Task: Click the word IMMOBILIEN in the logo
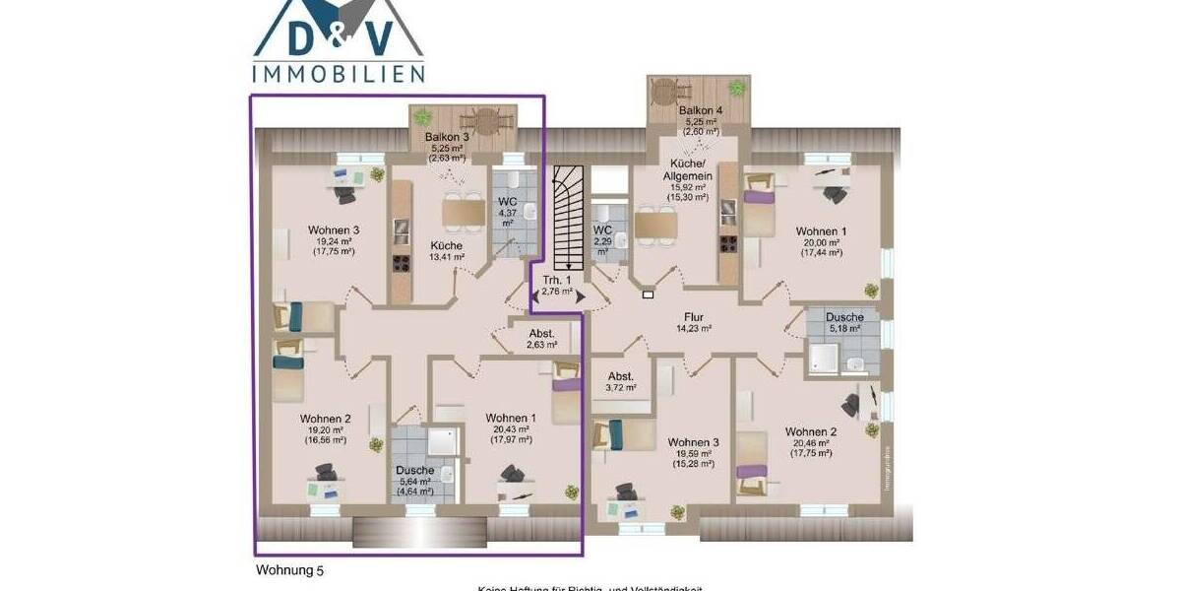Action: [x=339, y=74]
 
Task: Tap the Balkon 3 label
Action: [x=447, y=137]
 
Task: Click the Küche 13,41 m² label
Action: [x=447, y=251]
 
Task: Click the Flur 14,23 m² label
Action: [x=693, y=323]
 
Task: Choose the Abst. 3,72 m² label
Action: [x=621, y=381]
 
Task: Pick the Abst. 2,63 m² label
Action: [x=542, y=338]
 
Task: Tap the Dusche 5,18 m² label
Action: [x=845, y=323]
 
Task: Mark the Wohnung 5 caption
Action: [x=289, y=569]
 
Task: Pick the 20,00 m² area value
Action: [x=821, y=242]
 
